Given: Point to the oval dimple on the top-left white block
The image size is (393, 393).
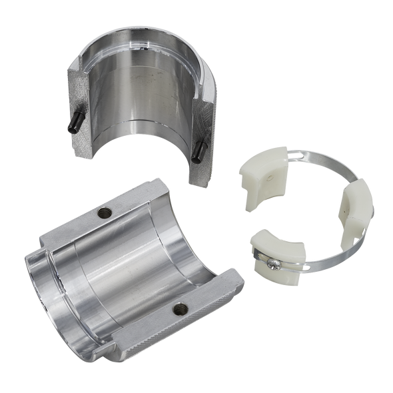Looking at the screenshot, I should (270, 180).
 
